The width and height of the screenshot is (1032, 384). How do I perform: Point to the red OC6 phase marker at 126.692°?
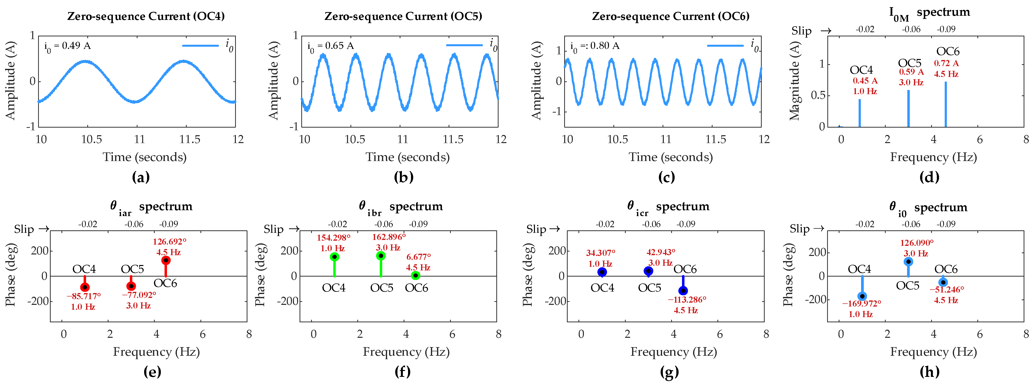coord(166,260)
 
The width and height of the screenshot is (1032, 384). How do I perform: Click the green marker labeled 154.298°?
coord(334,257)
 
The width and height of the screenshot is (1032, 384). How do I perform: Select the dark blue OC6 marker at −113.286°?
coord(683,290)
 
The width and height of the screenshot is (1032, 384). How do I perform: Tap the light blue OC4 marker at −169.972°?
coord(862,296)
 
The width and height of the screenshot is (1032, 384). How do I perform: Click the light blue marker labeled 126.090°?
coord(908,262)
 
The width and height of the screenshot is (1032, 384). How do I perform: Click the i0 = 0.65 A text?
coord(331,46)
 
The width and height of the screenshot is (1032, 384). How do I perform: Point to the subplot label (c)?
coord(667,177)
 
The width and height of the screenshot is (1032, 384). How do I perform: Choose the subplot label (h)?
coord(929,372)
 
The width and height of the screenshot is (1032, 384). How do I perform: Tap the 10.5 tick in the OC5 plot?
coord(355,139)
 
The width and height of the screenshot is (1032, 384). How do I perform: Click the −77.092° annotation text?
coord(139,295)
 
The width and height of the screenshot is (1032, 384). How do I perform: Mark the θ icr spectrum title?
coord(668,207)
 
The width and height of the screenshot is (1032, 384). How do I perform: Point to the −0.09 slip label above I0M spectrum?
coord(946,29)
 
